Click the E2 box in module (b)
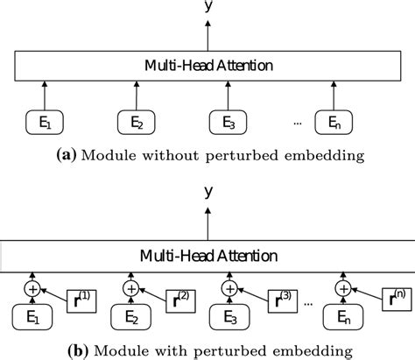[x=133, y=316]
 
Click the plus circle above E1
[x=33, y=286]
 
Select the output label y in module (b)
[x=207, y=192]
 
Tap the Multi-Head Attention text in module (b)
[x=207, y=256]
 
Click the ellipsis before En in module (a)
[x=298, y=124]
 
